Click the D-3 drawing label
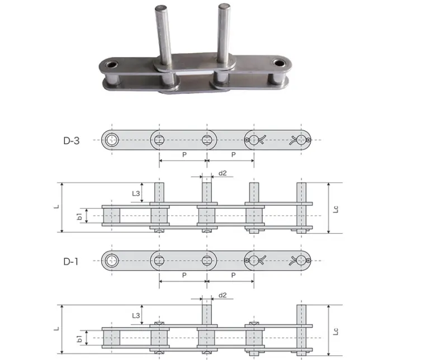pos(71,140)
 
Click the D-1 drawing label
pos(71,260)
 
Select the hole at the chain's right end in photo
pos(278,62)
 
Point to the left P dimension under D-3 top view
pos(183,154)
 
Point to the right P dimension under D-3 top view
pos(232,154)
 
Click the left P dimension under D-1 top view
pos(183,275)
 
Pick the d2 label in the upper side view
pos(223,173)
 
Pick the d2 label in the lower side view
pos(223,295)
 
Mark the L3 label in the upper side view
pos(136,193)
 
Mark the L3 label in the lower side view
pos(136,315)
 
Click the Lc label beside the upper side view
pos(336,209)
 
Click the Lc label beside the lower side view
pos(336,331)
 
